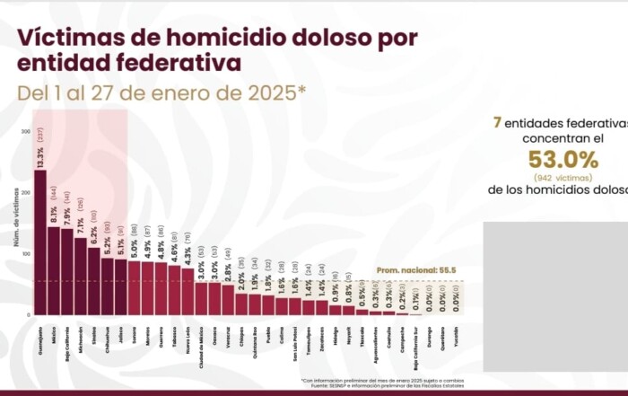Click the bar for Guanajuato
(40, 242)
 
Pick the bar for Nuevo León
(188, 291)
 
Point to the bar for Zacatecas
(322, 307)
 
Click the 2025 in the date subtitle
(275, 92)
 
